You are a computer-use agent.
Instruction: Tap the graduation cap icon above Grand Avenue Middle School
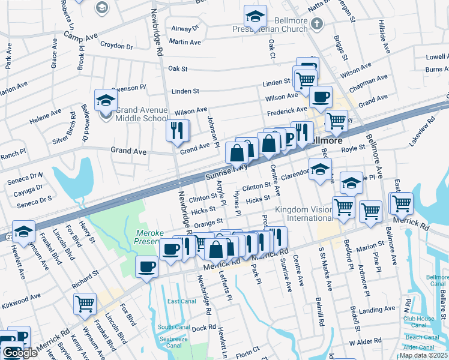[104, 100]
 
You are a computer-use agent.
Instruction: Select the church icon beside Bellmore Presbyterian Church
[319, 23]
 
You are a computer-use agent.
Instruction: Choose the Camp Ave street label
[80, 37]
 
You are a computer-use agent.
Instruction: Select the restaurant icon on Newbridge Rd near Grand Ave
[177, 131]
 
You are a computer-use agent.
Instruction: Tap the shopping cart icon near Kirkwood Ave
[85, 304]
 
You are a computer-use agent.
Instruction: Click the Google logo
[20, 353]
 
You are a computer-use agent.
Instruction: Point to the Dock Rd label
[203, 328]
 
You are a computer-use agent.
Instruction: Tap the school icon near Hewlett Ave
[23, 232]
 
